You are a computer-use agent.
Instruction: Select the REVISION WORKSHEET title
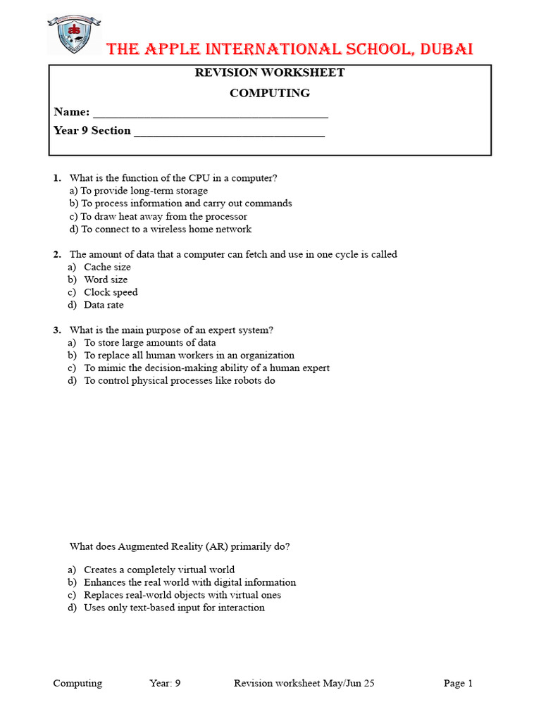coord(270,73)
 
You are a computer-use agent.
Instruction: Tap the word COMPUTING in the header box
coord(270,93)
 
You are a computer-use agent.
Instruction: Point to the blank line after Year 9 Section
coord(229,131)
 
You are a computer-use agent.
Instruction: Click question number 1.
coord(56,178)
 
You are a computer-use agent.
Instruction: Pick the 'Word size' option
coord(106,280)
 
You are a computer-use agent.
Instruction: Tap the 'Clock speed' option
coord(111,292)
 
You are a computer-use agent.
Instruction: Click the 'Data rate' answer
coord(104,305)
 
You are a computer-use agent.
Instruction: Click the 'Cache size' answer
coord(107,267)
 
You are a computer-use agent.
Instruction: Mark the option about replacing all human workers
coord(189,356)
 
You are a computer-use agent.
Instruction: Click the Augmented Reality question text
coord(180,546)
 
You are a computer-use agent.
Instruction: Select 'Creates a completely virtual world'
coord(159,570)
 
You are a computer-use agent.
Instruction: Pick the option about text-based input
coord(174,608)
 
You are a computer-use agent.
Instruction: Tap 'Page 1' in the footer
coord(458,683)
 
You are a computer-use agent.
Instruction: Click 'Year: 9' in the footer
coord(165,683)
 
